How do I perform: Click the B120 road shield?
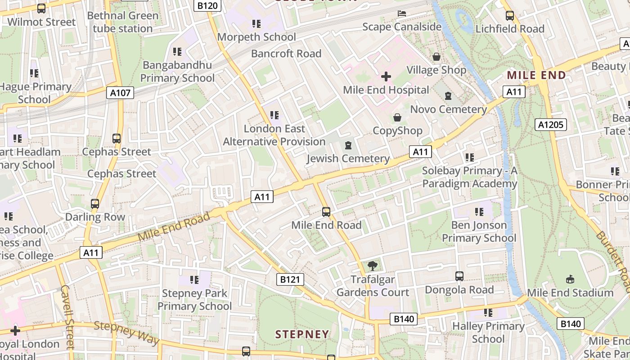(x=207, y=6)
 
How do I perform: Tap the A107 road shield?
(x=121, y=93)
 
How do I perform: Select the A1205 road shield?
(x=550, y=124)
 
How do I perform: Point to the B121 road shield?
(x=290, y=279)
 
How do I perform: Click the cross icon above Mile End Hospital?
(x=386, y=76)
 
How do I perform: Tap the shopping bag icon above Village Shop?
(x=436, y=57)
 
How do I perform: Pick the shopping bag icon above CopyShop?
(x=397, y=118)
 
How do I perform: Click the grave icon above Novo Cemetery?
(x=448, y=96)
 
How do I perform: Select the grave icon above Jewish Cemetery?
(x=348, y=145)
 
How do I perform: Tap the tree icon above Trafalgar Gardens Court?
(x=373, y=266)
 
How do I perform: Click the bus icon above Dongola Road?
(x=459, y=276)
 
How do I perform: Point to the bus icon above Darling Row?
(x=95, y=203)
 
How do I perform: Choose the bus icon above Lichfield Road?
(x=510, y=16)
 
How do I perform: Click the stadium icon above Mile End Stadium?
(x=570, y=279)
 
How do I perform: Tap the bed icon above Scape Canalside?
(x=402, y=13)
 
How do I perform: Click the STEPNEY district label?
(x=302, y=334)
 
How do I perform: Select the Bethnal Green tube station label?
(x=123, y=22)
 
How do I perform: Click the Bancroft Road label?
(x=286, y=54)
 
